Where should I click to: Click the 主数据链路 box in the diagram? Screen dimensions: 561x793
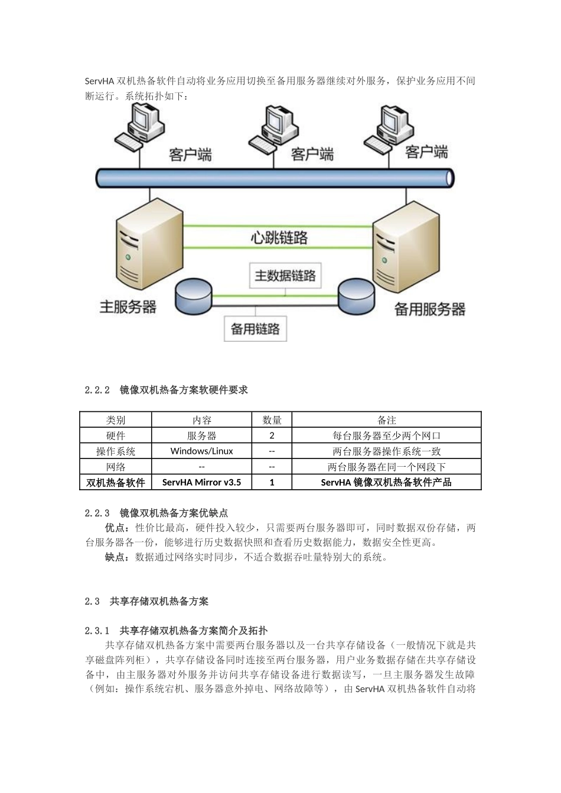coord(285,276)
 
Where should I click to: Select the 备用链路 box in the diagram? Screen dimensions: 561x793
coord(255,329)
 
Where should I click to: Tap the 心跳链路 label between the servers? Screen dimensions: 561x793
coord(279,238)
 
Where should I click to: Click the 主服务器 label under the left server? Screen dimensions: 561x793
coord(128,307)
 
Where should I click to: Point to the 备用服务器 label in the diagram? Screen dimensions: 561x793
coord(429,309)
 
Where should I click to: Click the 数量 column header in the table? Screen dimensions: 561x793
coord(272,420)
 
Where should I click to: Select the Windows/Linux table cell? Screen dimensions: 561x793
coord(201,451)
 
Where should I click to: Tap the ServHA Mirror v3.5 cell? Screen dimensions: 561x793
coord(201,482)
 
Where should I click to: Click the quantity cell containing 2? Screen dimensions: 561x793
coord(272,435)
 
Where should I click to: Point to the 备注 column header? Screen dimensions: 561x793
coord(386,420)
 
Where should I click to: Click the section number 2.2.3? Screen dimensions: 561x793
coord(97,513)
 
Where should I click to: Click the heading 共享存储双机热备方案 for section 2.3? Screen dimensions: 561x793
coord(159,602)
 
